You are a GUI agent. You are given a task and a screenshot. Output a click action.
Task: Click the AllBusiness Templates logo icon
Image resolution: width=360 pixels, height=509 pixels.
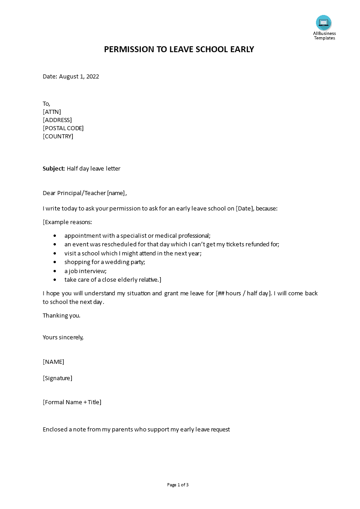[324, 23]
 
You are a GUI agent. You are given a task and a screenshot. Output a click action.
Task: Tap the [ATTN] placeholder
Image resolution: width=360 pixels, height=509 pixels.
[52, 112]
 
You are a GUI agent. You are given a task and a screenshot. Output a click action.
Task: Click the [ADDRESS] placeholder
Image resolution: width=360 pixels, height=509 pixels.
[57, 120]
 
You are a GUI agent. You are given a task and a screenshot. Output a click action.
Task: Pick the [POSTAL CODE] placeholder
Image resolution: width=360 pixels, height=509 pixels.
[63, 128]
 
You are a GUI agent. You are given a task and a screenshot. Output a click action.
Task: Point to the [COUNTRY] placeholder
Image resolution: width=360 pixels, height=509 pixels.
[58, 137]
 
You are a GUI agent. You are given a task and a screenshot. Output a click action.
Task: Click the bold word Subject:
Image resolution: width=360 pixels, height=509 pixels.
[54, 169]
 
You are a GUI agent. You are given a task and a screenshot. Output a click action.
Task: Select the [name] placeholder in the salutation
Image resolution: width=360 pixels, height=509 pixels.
[116, 193]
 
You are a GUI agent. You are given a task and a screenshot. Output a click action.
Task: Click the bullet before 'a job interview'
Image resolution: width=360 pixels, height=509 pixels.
[55, 271]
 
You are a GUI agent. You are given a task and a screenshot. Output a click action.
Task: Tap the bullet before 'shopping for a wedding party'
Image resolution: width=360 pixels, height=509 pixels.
[55, 262]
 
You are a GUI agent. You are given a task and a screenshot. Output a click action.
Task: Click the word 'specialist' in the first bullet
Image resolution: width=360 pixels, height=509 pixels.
[128, 236]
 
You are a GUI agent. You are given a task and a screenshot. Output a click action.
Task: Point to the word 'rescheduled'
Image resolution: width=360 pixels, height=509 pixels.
[108, 245]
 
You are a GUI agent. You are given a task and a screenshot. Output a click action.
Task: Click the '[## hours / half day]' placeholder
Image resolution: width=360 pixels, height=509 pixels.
[244, 294]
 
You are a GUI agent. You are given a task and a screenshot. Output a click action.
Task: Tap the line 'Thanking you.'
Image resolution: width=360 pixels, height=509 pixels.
[61, 316]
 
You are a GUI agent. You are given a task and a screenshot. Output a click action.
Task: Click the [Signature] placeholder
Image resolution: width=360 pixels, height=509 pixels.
[57, 378]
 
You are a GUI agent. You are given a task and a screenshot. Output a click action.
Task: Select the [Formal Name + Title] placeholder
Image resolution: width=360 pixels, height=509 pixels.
[72, 402]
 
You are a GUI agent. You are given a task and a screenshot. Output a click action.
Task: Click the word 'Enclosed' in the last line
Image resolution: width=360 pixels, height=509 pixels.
[55, 430]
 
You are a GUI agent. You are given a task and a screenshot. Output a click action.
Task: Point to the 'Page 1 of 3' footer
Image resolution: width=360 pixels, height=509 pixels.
[178, 485]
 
